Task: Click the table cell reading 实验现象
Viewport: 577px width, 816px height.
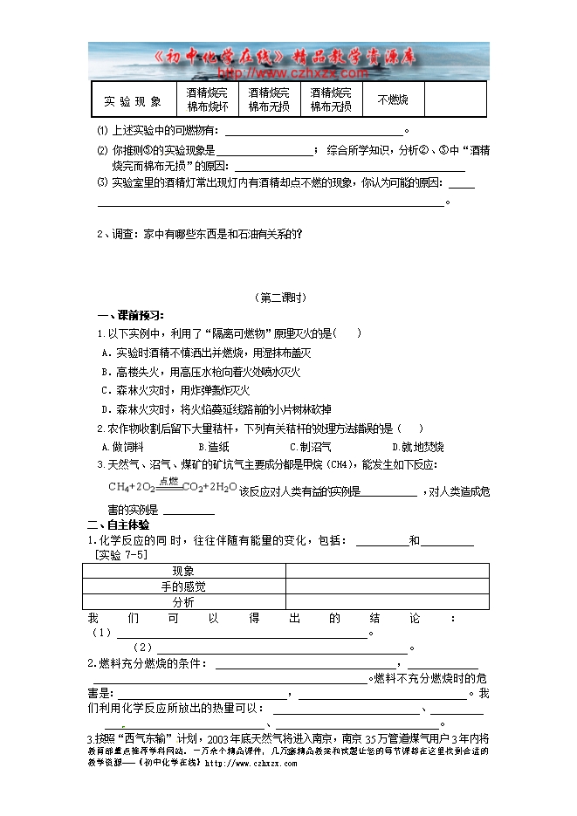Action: (133, 100)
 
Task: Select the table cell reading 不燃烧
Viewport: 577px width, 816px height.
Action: (392, 99)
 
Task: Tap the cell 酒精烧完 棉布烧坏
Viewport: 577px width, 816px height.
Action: (208, 99)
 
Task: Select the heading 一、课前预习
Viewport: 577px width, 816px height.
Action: (130, 315)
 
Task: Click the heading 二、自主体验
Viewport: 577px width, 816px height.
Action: (118, 525)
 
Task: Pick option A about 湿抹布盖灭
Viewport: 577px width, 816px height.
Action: (207, 353)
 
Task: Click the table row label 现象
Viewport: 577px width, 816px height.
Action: (183, 571)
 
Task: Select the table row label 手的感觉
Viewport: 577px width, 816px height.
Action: (183, 586)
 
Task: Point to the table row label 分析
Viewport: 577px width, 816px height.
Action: (183, 602)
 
